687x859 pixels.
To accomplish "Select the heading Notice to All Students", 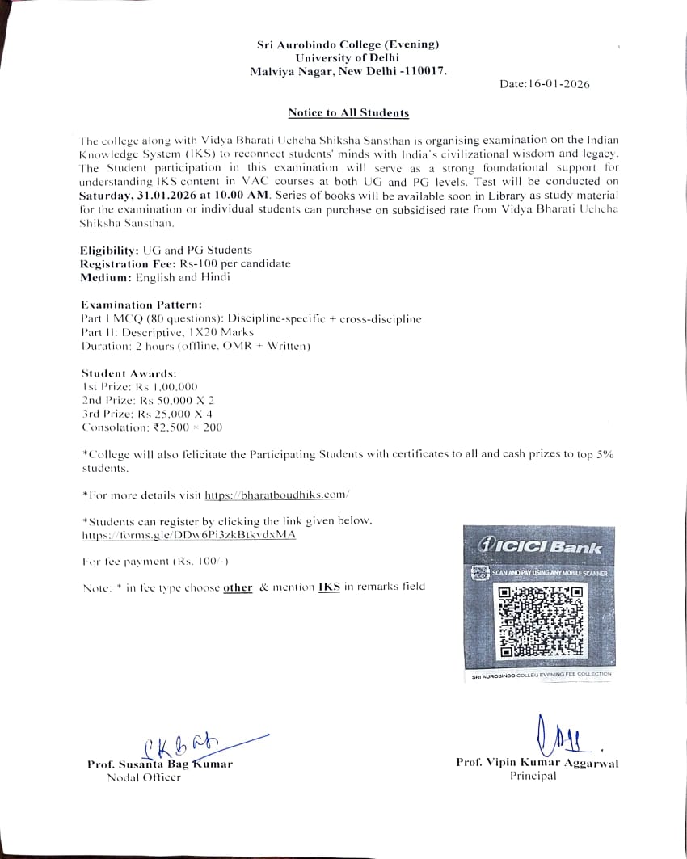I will click(x=348, y=113).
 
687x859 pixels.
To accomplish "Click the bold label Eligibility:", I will click(x=109, y=251).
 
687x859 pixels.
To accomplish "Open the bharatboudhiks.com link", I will click(x=276, y=495).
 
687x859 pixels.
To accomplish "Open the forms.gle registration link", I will click(x=189, y=535).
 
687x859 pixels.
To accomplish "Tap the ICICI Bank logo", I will click(x=541, y=547).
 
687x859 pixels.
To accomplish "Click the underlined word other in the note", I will click(x=238, y=587).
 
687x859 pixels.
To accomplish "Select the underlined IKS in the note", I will click(x=329, y=587).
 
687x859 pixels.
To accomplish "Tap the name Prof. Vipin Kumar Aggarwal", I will click(x=537, y=763).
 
